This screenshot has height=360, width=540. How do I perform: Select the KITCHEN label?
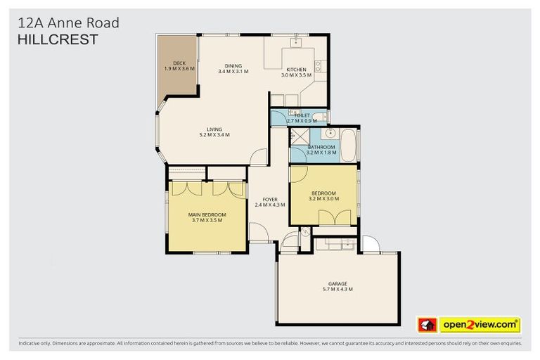295,69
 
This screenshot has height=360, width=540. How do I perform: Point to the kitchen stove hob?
318,66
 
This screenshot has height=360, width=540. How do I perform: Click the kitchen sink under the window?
296,43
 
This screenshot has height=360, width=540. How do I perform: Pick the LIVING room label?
214,129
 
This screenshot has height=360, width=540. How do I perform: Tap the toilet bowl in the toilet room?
319,117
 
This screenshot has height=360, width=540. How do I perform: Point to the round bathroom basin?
330,133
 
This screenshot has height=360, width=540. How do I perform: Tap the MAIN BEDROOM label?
207,214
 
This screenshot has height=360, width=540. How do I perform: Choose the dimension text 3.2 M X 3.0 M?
323,199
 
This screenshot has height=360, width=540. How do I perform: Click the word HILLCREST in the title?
57,40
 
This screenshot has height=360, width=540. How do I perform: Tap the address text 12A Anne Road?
67,23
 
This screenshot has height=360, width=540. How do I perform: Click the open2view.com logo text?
480,325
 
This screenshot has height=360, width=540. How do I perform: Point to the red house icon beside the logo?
427,325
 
